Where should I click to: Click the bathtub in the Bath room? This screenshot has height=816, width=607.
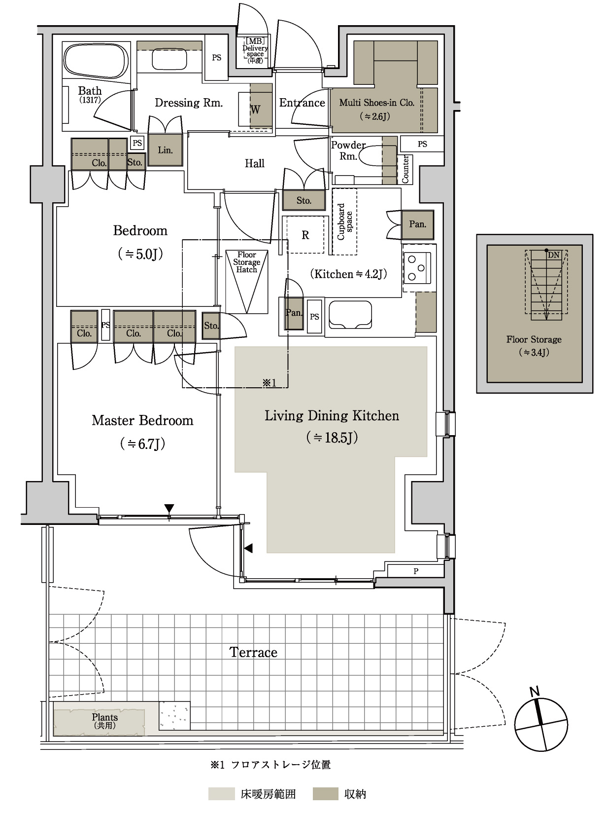point(96,61)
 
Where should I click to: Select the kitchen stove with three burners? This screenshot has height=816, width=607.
point(417,267)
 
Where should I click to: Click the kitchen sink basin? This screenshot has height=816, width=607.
point(350,314)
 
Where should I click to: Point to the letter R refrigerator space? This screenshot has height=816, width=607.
point(305,235)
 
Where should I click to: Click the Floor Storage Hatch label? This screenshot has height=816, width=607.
point(246,262)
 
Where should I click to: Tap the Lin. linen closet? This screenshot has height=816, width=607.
point(166,150)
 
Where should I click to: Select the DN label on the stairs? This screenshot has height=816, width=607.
point(553,255)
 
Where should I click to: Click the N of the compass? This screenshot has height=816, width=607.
point(535,691)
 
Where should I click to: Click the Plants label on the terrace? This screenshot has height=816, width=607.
point(105,717)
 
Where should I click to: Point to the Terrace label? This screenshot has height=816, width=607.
point(254,652)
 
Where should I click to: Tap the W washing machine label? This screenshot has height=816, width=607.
point(255,110)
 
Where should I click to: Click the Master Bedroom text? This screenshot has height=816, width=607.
point(142,420)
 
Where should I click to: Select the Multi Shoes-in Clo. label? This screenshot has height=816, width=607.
point(376,103)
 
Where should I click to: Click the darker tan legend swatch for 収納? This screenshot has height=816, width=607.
point(326,794)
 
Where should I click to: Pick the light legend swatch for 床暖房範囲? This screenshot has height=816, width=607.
point(222,794)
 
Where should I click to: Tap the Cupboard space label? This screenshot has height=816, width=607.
point(345,222)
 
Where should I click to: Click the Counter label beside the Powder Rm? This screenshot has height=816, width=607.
point(405,169)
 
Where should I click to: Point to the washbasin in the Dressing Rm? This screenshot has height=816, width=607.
point(169,59)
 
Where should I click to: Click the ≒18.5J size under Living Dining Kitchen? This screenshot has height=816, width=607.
point(332,438)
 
